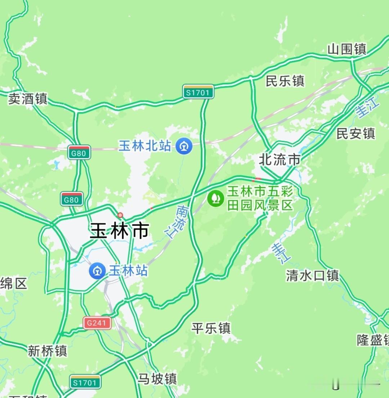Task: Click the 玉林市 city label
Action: (120, 231)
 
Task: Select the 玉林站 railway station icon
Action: (97, 271)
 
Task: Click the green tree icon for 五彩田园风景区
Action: (216, 198)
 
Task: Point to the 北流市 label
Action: (280, 160)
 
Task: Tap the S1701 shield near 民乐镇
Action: (198, 92)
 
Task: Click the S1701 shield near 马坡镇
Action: (85, 382)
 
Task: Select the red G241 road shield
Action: (97, 323)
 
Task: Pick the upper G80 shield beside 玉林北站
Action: (79, 153)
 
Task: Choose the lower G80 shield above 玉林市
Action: (72, 199)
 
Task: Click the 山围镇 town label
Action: (346, 49)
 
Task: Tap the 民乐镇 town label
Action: (285, 81)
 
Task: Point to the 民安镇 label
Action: (356, 134)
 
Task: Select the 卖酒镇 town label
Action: (28, 98)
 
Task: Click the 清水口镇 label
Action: (312, 276)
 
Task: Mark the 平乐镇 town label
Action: (211, 328)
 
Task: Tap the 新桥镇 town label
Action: (47, 350)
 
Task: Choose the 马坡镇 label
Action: (157, 379)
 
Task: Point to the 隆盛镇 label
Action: (373, 340)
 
